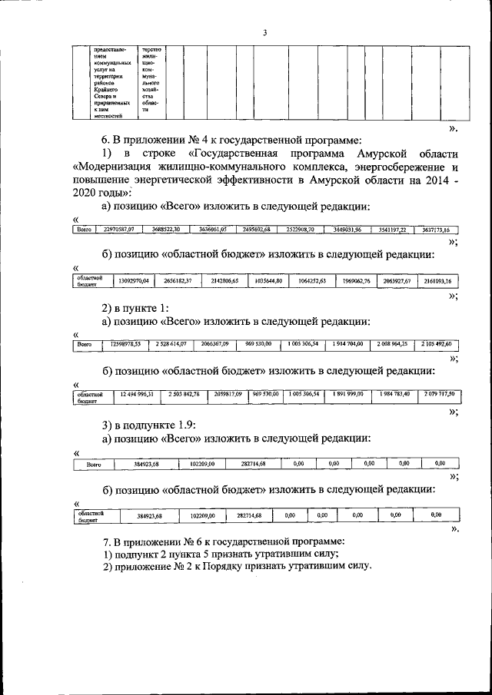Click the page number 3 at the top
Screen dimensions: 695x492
tap(264, 31)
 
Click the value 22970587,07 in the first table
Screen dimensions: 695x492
tap(119, 229)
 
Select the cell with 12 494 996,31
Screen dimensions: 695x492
tap(136, 394)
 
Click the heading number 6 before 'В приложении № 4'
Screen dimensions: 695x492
tap(106, 139)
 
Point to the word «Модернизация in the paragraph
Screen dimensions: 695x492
tap(118, 166)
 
